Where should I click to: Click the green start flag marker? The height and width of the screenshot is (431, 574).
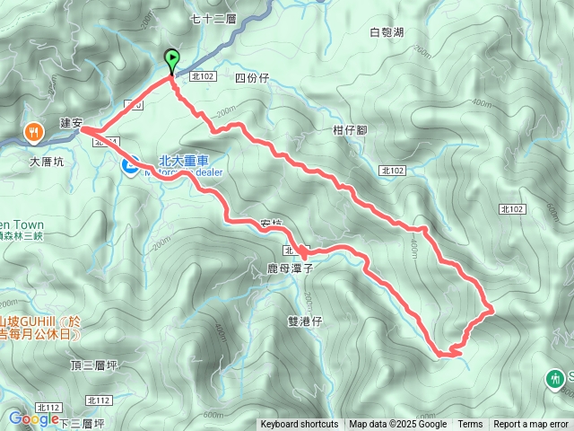coord(171,59)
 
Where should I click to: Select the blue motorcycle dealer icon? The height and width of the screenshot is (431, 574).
coord(130,163)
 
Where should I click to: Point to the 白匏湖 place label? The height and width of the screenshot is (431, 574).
coord(387,32)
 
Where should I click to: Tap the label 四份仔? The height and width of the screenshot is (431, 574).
coord(251,78)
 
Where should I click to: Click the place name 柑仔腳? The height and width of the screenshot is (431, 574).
coord(350,129)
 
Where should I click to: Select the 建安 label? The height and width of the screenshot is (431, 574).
coord(71,122)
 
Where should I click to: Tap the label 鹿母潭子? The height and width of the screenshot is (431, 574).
coord(290,268)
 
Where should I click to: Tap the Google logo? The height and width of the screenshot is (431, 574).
coord(34,418)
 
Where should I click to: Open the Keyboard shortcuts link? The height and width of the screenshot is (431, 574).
coord(300,425)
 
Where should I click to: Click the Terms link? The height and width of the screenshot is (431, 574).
coord(469,425)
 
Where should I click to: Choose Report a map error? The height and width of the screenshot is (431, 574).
coord(532,425)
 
